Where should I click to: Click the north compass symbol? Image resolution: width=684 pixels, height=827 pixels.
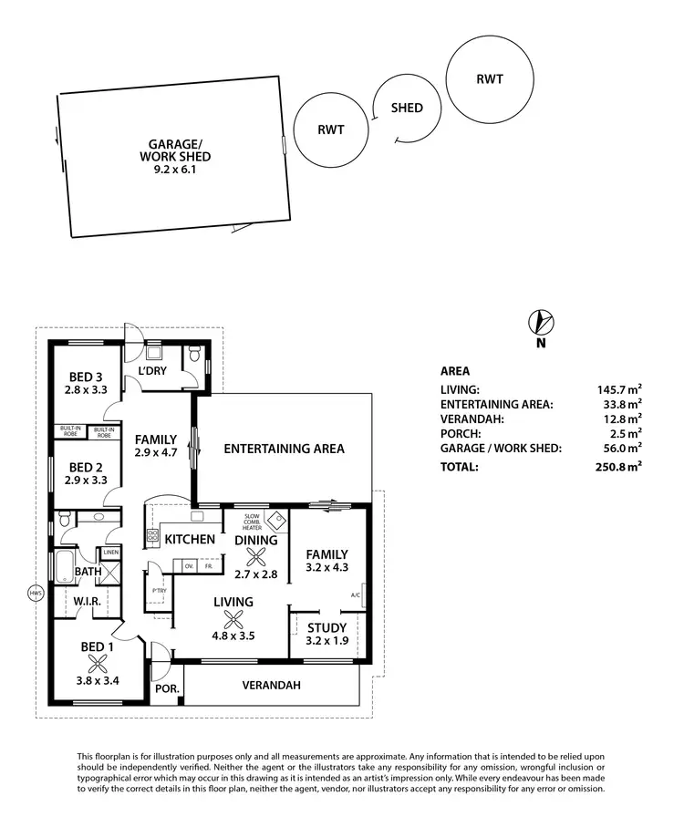point(542,322)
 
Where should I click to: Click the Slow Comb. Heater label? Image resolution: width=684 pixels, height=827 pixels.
point(253,522)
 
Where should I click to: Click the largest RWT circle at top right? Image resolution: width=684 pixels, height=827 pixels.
point(489,78)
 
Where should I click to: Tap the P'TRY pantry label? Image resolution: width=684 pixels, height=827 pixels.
point(159,591)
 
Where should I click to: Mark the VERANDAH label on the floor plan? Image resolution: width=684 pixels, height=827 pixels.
point(271,686)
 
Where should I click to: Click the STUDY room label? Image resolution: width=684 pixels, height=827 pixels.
point(326,627)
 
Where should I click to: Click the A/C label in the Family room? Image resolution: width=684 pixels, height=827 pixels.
point(356,595)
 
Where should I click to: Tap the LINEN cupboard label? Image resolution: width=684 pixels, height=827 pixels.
point(110,553)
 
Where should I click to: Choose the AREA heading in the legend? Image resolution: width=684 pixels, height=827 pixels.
point(454,372)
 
